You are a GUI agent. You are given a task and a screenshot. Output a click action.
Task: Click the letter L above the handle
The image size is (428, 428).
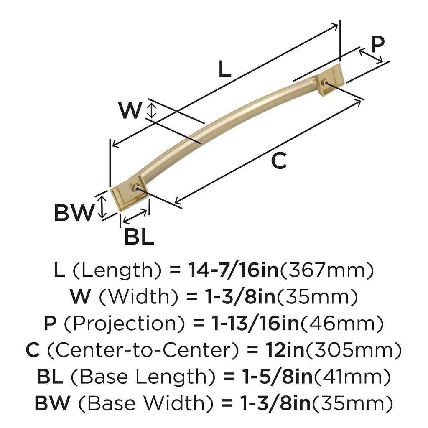[x=224, y=69]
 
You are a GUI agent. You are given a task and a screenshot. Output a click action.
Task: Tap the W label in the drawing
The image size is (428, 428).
[x=130, y=110]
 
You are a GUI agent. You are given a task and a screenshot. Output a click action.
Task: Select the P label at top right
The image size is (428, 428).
[x=377, y=44]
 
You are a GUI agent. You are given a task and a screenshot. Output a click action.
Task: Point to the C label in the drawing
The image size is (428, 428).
[x=279, y=161]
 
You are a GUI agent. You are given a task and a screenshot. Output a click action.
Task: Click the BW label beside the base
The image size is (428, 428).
[x=73, y=214]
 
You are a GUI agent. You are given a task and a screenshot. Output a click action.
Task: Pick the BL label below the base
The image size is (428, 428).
[x=139, y=237]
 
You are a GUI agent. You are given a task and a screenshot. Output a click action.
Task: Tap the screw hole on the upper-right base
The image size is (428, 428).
[x=324, y=82]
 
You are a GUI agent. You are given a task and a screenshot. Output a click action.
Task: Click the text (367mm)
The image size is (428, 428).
[x=326, y=271]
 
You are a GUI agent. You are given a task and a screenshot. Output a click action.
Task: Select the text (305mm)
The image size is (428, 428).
[x=354, y=350]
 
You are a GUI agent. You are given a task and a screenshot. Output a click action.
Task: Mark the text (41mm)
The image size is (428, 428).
[x=352, y=377]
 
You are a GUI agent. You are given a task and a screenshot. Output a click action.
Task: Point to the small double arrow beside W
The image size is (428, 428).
[x=153, y=110]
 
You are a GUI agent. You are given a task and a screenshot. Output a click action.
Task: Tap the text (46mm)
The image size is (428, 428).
[x=341, y=324]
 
